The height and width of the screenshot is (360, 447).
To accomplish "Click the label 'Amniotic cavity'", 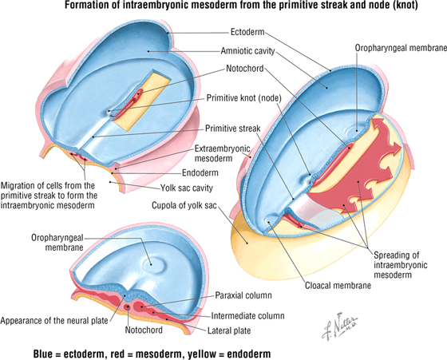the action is [x=247, y=51].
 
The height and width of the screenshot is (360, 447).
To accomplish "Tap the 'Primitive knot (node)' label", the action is [x=243, y=98].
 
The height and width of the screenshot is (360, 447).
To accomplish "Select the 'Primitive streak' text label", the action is [x=232, y=129].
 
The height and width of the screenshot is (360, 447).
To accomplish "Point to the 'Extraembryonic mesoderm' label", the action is [x=223, y=153].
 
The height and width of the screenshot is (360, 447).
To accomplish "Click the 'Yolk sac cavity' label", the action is [x=187, y=188].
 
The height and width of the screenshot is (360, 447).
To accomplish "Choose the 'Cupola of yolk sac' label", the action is [x=184, y=205].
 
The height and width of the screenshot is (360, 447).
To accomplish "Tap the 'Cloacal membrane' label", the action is [x=338, y=285].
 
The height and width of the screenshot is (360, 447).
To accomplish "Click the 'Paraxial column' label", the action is [x=243, y=295].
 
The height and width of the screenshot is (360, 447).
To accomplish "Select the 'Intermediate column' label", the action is [x=247, y=316].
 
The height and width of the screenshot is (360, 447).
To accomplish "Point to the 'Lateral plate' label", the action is [x=229, y=330].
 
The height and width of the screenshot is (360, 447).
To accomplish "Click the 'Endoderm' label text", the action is [x=200, y=172].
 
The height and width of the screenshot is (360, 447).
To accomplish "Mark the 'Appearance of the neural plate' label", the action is [x=54, y=321].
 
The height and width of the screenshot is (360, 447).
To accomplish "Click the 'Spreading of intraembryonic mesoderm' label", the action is [x=400, y=265].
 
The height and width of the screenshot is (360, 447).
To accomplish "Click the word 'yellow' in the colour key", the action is [x=204, y=354].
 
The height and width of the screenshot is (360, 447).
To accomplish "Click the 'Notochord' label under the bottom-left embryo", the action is [x=144, y=330].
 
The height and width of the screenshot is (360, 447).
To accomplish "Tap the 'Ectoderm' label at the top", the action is [x=247, y=32].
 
